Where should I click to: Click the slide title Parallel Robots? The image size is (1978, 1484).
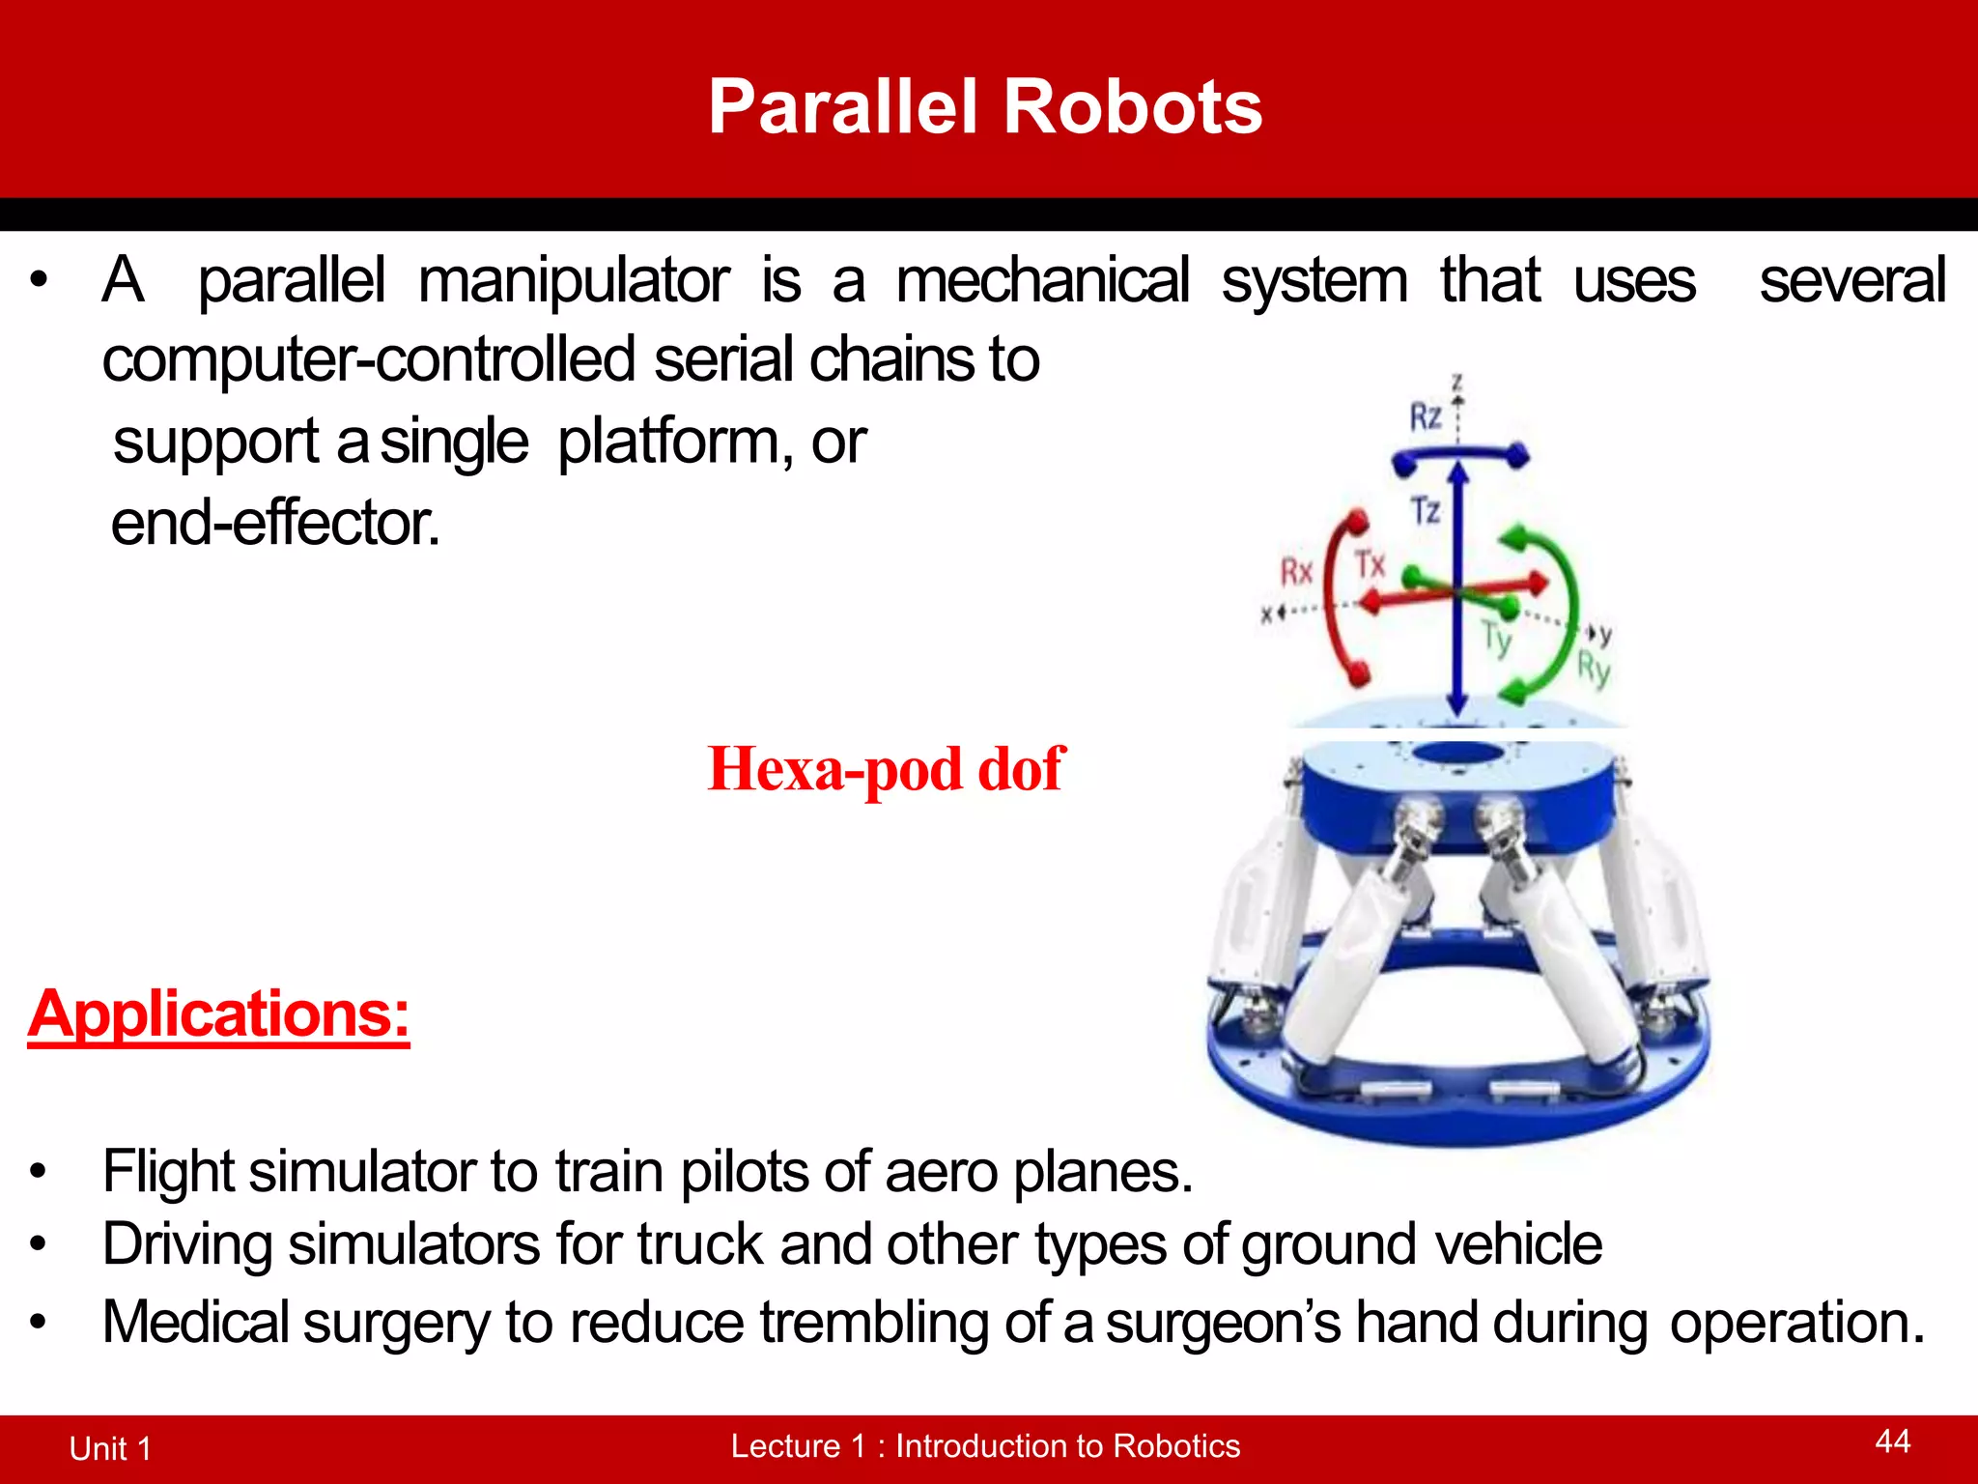985,106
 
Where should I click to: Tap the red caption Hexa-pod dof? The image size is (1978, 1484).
886,770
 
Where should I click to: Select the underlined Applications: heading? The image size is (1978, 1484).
219,1013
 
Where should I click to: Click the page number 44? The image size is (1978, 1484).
1892,1441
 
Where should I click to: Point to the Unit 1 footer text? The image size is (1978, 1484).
110,1448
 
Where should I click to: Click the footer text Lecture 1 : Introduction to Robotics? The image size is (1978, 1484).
985,1445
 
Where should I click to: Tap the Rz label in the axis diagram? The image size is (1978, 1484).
1426,417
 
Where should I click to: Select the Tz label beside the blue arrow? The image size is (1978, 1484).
1426,510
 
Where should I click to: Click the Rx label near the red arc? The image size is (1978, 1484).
1296,572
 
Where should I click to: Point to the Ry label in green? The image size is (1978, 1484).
1594,668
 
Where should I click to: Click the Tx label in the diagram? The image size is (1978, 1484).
1370,563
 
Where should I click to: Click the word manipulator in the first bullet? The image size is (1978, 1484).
574,281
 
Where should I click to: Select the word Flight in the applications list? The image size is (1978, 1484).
168,1171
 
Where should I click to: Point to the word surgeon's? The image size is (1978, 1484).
1223,1322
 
